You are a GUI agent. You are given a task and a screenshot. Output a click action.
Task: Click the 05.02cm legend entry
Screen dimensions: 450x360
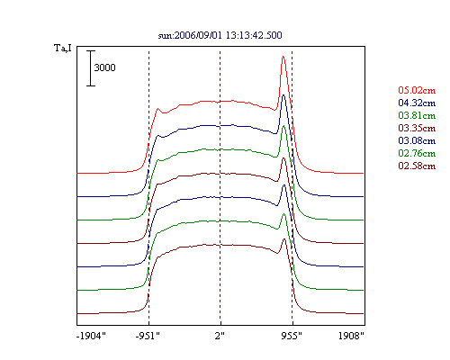(x=417, y=90)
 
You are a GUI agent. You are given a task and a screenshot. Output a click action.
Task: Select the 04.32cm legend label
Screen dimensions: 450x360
(x=417, y=103)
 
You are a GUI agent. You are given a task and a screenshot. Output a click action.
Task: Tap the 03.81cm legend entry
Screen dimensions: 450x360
(x=417, y=115)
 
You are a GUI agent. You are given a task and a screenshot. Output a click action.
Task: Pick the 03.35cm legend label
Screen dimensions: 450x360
(x=417, y=128)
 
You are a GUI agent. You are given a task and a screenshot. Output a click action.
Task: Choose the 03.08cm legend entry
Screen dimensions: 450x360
(x=417, y=140)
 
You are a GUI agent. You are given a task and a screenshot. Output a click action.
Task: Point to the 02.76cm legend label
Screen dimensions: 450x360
(x=417, y=153)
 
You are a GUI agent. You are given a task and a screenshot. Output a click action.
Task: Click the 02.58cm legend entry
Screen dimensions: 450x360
(x=417, y=166)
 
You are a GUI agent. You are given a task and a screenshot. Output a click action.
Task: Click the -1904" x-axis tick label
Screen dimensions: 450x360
(x=91, y=336)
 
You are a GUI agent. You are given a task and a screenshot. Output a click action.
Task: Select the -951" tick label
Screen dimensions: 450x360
(x=148, y=336)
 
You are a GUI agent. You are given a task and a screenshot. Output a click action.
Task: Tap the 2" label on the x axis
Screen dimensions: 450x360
(x=220, y=336)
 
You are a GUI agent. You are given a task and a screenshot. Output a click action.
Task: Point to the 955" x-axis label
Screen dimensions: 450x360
(x=292, y=336)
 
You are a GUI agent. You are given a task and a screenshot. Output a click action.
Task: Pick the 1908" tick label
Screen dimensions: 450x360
(x=351, y=336)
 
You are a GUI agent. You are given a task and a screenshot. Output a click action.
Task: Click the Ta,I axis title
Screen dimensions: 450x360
(x=63, y=48)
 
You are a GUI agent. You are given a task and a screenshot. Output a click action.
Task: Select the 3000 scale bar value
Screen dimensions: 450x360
(x=104, y=67)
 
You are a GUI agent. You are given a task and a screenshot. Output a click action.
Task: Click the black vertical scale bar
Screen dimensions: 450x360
(x=91, y=68)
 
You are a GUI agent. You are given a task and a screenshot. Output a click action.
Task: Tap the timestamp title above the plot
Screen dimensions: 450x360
(x=220, y=35)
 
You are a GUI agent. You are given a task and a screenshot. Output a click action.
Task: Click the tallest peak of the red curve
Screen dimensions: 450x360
(x=283, y=57)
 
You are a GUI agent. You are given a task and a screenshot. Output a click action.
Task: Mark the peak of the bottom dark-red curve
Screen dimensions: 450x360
(x=283, y=239)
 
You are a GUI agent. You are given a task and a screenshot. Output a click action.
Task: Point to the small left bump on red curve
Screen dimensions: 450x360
(x=157, y=109)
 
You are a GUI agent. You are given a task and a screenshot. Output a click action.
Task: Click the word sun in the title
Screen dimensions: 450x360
(x=165, y=36)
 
